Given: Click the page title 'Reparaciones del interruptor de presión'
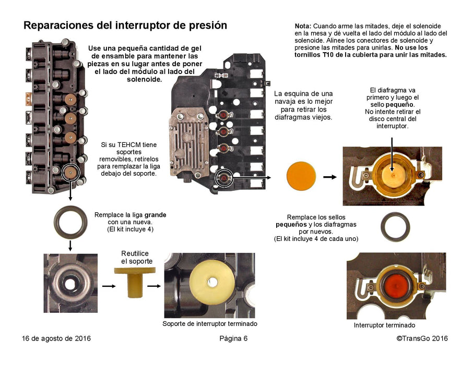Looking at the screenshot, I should (x=125, y=25).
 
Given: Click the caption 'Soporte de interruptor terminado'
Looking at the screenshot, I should (x=210, y=324).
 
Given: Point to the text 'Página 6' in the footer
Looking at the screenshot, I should (x=233, y=338).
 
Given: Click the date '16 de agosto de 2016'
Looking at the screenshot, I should (x=56, y=338).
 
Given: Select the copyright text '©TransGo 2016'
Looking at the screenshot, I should (x=422, y=338).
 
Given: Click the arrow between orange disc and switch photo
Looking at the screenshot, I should (x=329, y=177).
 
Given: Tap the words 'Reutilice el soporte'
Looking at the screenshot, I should (x=135, y=257).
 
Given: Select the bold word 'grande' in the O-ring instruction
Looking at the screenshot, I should (x=156, y=215).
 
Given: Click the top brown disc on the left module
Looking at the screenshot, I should (x=69, y=100).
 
